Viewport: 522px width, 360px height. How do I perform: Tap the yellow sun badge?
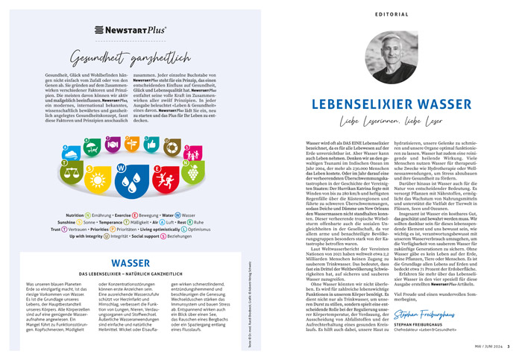point(98,180)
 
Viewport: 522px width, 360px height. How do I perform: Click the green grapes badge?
point(193,172)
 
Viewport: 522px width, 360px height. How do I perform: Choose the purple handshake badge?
point(113,145)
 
